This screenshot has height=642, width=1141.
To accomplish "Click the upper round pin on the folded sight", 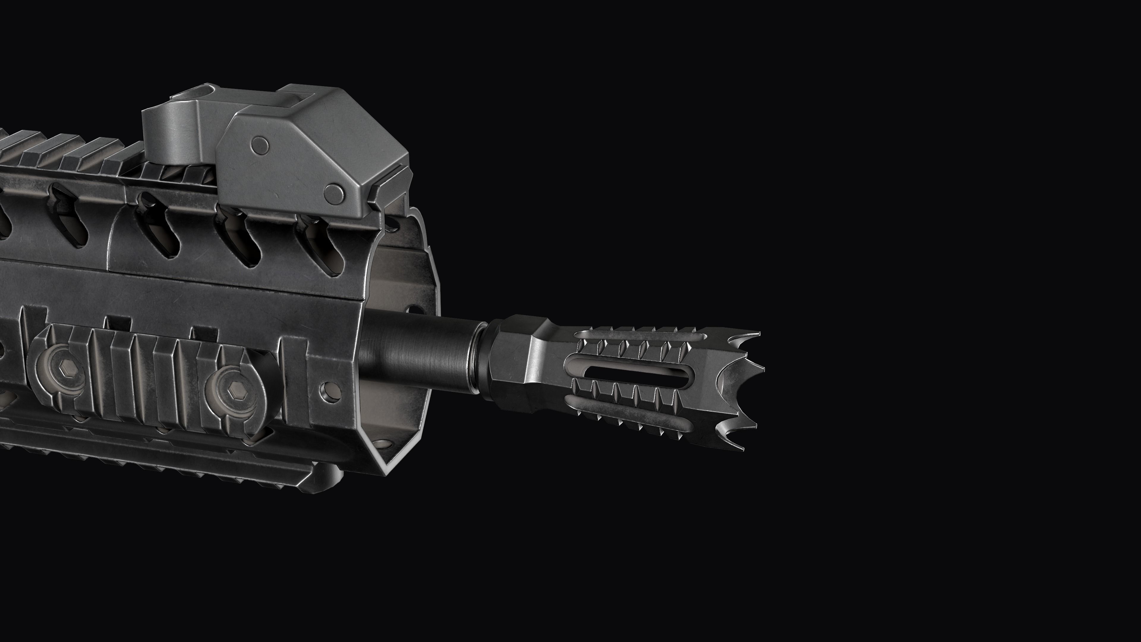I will (x=260, y=144).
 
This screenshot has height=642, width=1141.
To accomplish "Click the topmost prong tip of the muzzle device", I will (x=758, y=333).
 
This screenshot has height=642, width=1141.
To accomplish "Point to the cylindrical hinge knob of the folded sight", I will (x=168, y=133).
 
